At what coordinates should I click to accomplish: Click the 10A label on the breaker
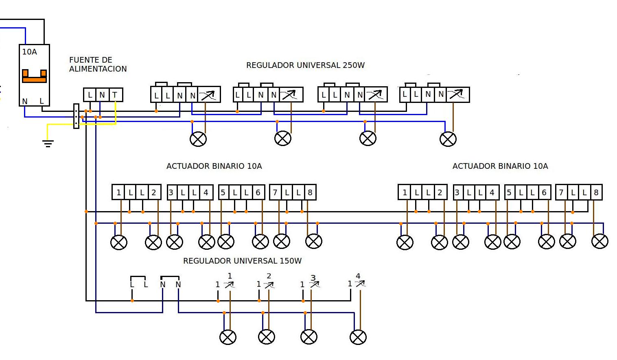point(30,52)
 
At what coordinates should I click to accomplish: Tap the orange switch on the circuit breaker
point(34,76)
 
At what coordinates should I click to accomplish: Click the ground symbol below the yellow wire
point(48,143)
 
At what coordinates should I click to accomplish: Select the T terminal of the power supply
point(115,95)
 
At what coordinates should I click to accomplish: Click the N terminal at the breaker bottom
point(25,101)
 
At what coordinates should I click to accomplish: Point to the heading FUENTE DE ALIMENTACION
point(98,64)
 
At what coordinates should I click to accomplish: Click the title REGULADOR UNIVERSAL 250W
point(305,65)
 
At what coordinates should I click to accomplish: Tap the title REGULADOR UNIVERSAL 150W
point(242,261)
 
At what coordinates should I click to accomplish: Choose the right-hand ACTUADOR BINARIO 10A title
point(500,166)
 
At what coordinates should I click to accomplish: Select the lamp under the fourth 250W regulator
point(448,139)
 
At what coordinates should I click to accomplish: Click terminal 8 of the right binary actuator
point(596,192)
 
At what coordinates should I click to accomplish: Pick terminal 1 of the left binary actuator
point(118,192)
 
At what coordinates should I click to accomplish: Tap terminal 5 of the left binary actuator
point(223,192)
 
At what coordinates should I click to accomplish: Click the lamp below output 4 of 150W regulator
point(358,337)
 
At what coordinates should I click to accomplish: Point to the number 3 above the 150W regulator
point(313,278)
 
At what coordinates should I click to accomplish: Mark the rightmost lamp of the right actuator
point(599,241)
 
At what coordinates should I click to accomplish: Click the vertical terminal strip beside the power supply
point(76,116)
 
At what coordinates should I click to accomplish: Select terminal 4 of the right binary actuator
point(492,192)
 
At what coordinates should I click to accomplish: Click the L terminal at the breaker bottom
point(42,101)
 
